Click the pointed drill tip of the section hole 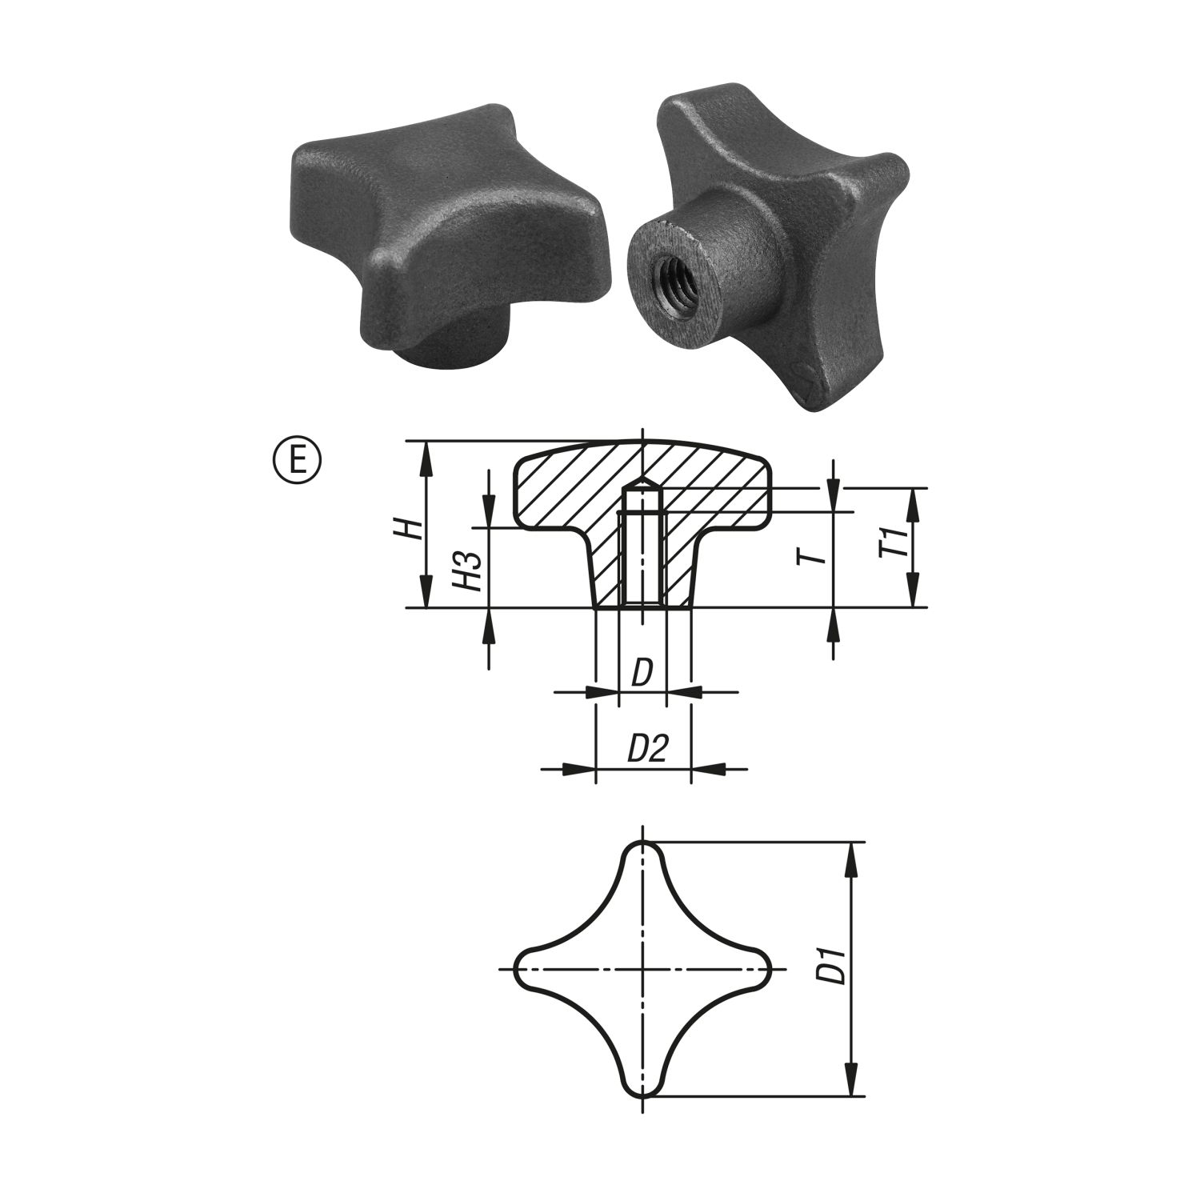click(x=642, y=482)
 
